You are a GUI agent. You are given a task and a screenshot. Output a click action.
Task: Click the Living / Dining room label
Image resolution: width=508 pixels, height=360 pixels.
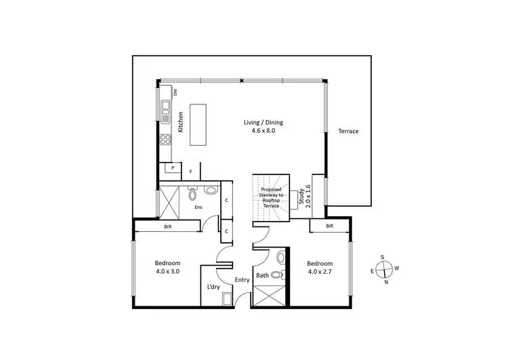263,127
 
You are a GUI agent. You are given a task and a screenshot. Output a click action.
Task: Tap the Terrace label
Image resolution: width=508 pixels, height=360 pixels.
348,131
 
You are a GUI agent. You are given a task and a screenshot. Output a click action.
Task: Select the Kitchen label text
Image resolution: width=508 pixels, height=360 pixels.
181,121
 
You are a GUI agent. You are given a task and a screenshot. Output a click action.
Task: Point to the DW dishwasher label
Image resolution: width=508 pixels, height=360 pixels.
175,92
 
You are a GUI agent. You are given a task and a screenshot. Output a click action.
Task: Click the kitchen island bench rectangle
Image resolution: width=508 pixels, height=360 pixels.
198,124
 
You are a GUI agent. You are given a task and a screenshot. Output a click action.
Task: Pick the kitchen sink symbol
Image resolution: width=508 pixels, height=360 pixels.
165,108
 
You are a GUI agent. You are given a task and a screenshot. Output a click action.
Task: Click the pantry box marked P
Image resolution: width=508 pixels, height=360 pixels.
173,167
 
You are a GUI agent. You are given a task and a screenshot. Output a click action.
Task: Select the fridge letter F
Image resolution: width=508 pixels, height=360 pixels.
191,172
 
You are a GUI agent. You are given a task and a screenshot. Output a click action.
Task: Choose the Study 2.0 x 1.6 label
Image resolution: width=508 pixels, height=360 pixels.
305,196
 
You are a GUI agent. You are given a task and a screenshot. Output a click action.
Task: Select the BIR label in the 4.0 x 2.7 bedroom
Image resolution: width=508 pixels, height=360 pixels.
330,226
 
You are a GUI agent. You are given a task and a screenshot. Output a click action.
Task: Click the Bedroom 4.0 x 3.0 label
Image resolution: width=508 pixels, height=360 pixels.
167,268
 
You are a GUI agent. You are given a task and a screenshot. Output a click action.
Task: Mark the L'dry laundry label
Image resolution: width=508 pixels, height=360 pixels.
212,287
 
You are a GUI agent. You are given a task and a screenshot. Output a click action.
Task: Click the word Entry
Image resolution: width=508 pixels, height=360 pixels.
242,279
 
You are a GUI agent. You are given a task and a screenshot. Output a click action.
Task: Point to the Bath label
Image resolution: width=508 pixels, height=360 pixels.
263,276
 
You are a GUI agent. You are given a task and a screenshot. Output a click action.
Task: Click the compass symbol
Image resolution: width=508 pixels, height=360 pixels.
383,269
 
